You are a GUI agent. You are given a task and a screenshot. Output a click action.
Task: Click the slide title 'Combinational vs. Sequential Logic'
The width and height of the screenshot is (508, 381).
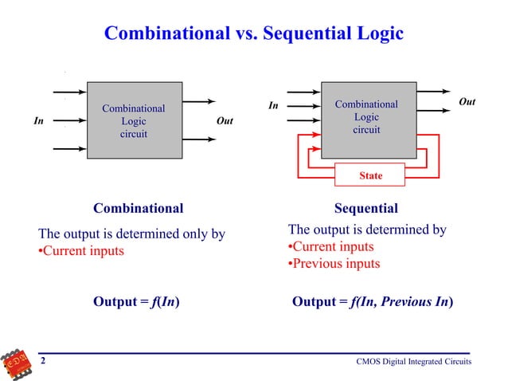pyautogui.click(x=254, y=33)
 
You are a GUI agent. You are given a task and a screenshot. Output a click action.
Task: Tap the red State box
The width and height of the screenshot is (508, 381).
pyautogui.click(x=370, y=175)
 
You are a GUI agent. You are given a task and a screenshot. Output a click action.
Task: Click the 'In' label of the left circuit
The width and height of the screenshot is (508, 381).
pyautogui.click(x=37, y=121)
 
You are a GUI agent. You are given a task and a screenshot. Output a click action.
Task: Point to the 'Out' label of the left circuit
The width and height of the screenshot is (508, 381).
pyautogui.click(x=225, y=121)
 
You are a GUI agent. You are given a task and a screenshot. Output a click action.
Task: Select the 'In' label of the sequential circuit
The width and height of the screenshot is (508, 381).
pyautogui.click(x=273, y=104)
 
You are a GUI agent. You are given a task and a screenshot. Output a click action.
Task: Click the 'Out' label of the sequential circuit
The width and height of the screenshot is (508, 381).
pyautogui.click(x=467, y=102)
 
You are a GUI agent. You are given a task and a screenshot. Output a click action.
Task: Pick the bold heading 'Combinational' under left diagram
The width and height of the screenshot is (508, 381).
pyautogui.click(x=138, y=209)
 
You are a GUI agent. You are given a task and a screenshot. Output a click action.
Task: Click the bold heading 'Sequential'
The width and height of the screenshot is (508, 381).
pyautogui.click(x=365, y=209)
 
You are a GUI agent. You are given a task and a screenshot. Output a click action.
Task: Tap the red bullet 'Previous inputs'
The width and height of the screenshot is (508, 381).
pyautogui.click(x=334, y=264)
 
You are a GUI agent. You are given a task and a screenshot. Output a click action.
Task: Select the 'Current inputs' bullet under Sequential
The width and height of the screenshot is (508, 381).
pyautogui.click(x=330, y=247)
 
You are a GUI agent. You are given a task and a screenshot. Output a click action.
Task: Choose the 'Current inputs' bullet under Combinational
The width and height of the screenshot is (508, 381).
pyautogui.click(x=82, y=252)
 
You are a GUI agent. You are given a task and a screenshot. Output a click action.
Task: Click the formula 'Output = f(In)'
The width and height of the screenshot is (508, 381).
pyautogui.click(x=135, y=302)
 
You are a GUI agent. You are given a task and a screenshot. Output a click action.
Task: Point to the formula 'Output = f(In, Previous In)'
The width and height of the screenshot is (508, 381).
pyautogui.click(x=373, y=302)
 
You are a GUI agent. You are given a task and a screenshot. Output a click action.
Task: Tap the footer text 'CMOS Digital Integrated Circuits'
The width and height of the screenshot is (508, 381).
pyautogui.click(x=413, y=363)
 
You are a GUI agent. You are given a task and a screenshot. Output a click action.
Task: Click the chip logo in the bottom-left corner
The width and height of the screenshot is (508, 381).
pyautogui.click(x=18, y=363)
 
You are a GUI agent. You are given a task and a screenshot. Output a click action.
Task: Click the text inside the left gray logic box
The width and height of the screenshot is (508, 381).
pyautogui.click(x=133, y=121)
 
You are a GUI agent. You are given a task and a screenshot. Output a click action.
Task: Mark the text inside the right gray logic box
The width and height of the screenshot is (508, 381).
pyautogui.click(x=366, y=116)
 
